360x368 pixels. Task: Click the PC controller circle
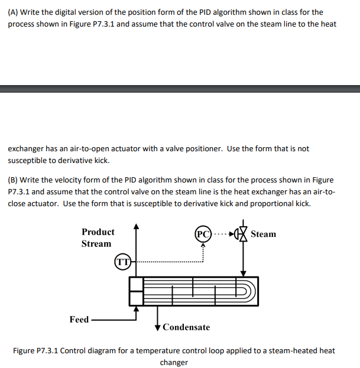(x=202, y=234)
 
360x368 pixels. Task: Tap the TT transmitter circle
(x=122, y=260)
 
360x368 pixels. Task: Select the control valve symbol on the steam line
(x=242, y=234)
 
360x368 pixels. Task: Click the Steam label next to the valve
(x=263, y=235)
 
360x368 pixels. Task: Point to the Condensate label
(x=186, y=327)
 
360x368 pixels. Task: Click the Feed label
(x=79, y=320)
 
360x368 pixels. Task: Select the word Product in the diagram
(x=98, y=232)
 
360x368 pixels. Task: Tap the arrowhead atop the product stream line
(x=137, y=226)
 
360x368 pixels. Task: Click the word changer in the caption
(x=174, y=362)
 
